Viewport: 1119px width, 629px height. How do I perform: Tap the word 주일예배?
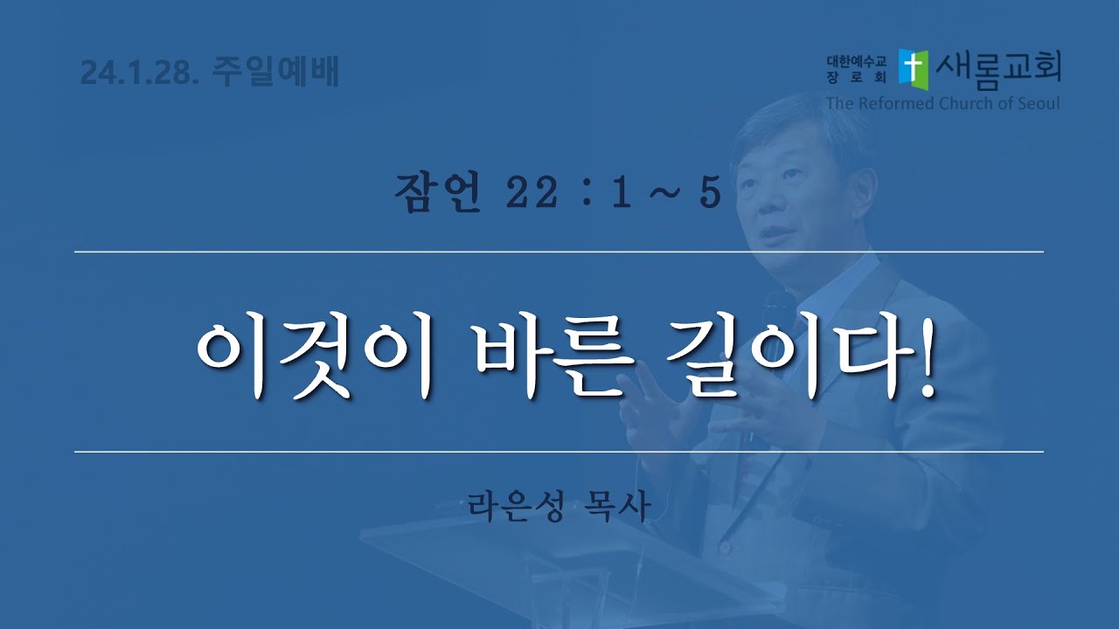pos(275,71)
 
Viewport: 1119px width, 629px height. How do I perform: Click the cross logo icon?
pos(914,70)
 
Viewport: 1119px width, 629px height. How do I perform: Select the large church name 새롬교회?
pos(998,70)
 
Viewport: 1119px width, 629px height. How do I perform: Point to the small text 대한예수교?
pos(856,61)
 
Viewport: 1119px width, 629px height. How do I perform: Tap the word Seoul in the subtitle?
pos(1036,103)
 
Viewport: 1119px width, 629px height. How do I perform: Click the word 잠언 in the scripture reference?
pos(438,193)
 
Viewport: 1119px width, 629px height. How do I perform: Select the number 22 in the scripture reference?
pos(532,193)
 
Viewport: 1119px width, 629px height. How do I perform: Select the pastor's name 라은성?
pos(517,506)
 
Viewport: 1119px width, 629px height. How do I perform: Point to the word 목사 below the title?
pos(617,506)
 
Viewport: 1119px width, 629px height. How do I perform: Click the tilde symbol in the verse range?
pos(666,194)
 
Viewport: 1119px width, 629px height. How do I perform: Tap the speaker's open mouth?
pos(775,232)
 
